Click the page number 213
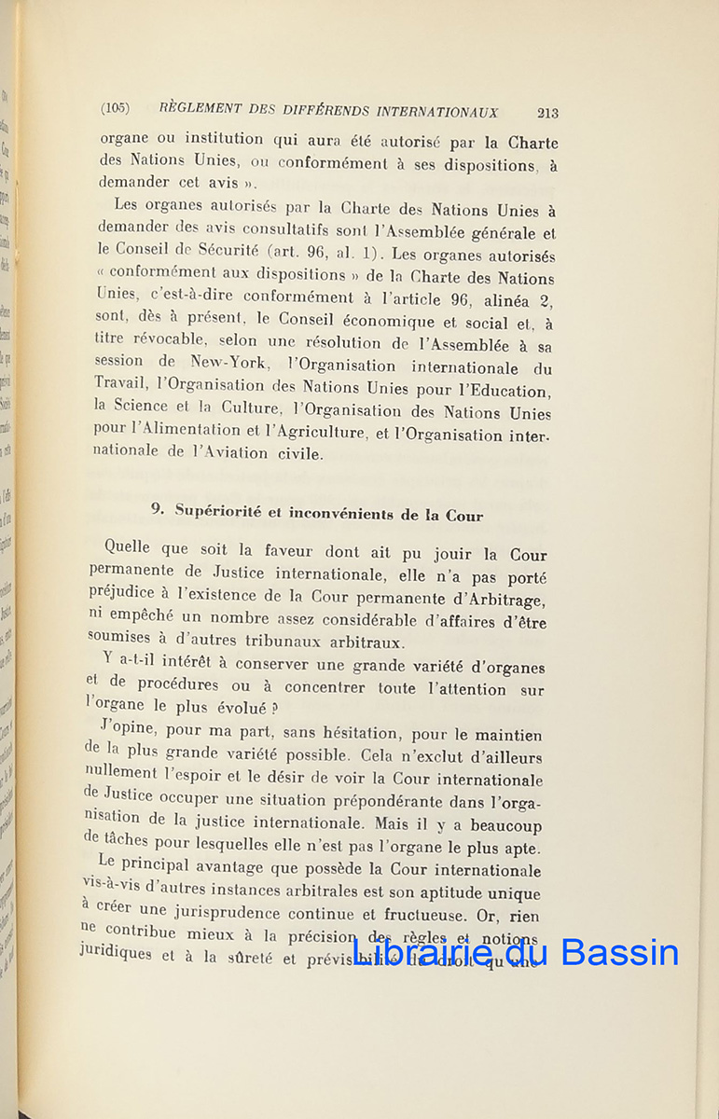pyautogui.click(x=547, y=113)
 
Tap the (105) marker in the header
pyautogui.click(x=115, y=108)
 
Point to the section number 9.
pyautogui.click(x=158, y=509)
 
